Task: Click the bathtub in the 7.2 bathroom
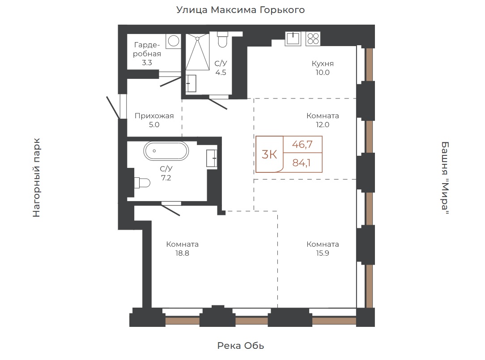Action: tap(166, 151)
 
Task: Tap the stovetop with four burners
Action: tap(313, 39)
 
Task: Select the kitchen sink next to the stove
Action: tap(293, 39)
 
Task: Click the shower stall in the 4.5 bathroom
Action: tap(197, 52)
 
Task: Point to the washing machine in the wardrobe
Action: tap(174, 41)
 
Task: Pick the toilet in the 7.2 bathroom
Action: tap(142, 183)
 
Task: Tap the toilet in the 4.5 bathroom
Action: tap(222, 39)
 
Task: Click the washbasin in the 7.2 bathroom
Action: tap(212, 158)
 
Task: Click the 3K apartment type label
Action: tap(269, 154)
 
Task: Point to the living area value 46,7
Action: tap(302, 144)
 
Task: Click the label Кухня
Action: tap(323, 64)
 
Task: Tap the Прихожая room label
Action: tap(154, 116)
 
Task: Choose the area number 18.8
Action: tap(182, 253)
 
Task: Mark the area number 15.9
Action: tap(323, 253)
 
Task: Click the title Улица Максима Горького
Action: tap(241, 10)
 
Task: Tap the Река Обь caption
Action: tap(241, 346)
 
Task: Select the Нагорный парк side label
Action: tap(37, 178)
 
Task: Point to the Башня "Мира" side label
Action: tap(445, 178)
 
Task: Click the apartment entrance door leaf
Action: tap(113, 107)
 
